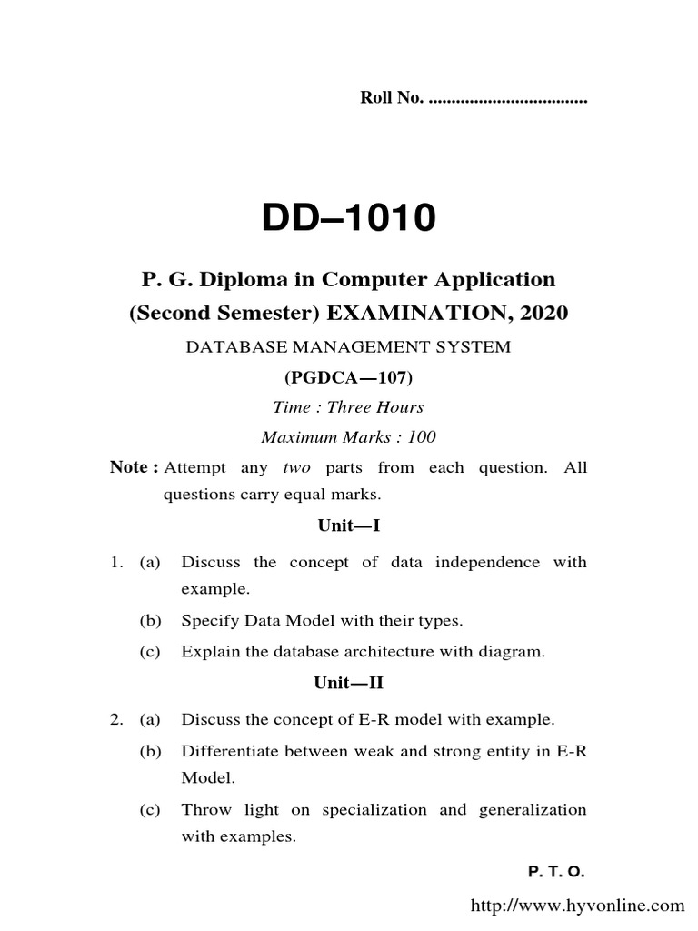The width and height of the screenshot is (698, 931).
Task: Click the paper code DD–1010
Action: (x=349, y=218)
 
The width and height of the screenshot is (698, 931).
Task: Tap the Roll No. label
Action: (x=391, y=98)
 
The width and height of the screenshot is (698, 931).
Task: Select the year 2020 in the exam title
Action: (x=544, y=313)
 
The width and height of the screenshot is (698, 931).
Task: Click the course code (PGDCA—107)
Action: (x=349, y=377)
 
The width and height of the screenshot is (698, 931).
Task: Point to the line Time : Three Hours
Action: (x=349, y=407)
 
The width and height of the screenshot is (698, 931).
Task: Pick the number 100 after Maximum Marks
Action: (x=422, y=437)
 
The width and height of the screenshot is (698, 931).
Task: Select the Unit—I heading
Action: (x=349, y=526)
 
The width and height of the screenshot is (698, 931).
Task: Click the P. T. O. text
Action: (x=556, y=872)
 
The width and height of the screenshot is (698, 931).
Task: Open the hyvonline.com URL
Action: (x=576, y=906)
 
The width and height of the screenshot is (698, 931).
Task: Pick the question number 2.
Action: (x=116, y=720)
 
